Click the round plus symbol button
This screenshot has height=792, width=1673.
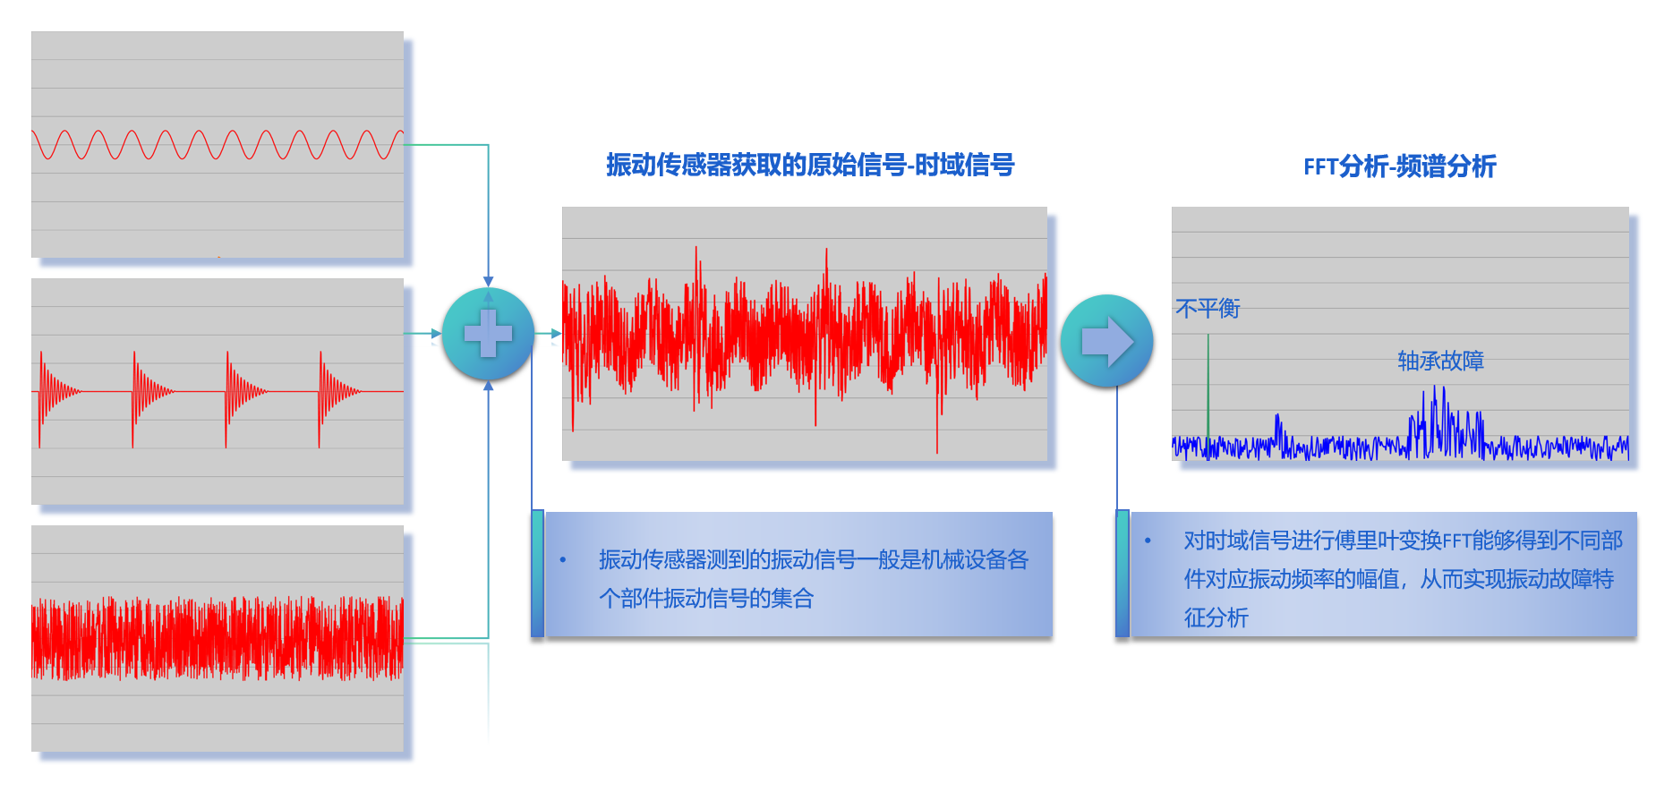(488, 334)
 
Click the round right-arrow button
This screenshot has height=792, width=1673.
(1106, 341)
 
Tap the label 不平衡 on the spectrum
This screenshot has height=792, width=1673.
(1208, 309)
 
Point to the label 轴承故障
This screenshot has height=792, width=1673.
(1440, 361)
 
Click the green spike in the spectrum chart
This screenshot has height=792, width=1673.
(1208, 385)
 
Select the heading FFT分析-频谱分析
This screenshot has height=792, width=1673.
(1399, 166)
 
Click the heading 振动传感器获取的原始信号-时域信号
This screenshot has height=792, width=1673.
(810, 165)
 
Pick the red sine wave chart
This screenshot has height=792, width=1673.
(218, 144)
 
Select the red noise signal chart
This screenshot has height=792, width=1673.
(218, 638)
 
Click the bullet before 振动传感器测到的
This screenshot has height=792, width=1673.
(563, 560)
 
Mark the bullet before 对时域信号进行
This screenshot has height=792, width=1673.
(1148, 541)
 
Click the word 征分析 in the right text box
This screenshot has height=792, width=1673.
(1216, 617)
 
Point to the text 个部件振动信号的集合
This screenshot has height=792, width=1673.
(706, 598)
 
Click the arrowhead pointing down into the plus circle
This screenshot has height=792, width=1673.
(488, 281)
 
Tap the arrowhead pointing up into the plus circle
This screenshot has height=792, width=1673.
(488, 386)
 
